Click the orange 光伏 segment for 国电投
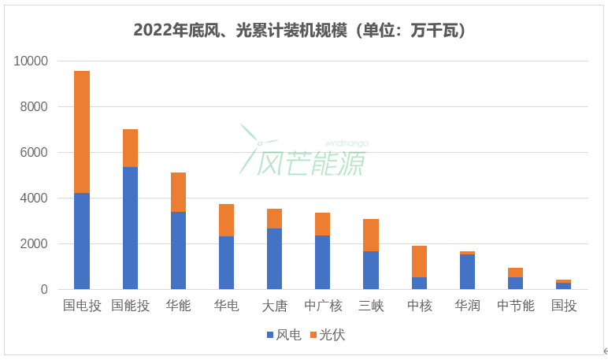82,132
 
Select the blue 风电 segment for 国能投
130,228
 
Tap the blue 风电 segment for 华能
178,251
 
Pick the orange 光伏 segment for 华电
226,220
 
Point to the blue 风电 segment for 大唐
274,258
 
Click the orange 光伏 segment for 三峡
370,235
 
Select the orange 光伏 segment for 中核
418,262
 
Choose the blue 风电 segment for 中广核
322,262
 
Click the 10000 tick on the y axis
32,61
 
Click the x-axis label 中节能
515,306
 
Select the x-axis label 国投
563,306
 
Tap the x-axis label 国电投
82,306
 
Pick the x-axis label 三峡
370,306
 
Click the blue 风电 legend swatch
269,335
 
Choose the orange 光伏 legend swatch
313,335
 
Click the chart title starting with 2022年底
304,30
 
